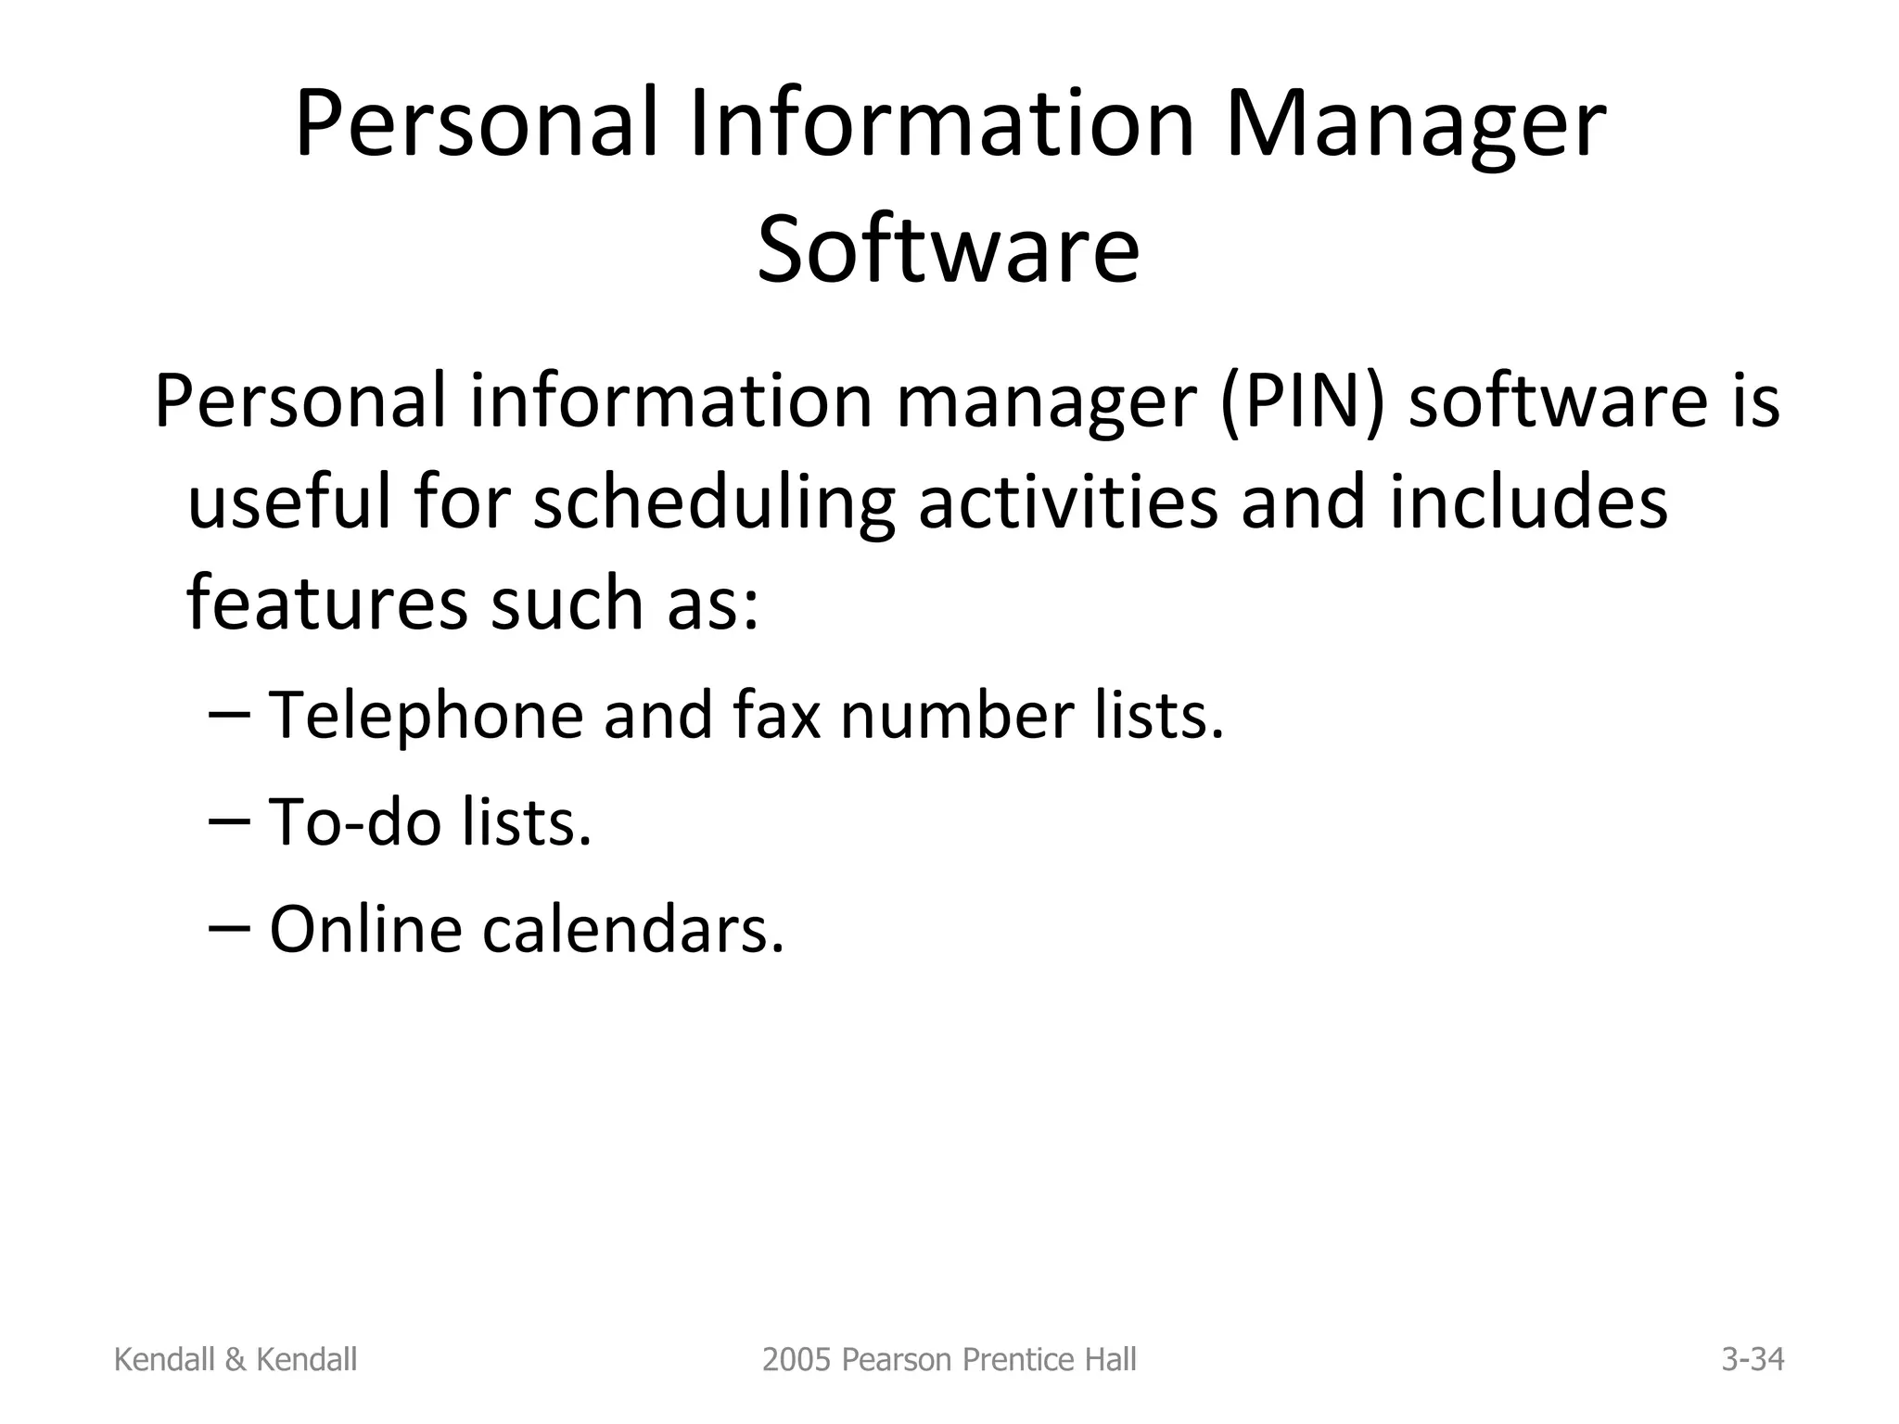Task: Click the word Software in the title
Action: (x=948, y=248)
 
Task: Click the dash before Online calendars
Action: (x=230, y=928)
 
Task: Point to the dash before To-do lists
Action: (x=230, y=821)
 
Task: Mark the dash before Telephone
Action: (x=230, y=715)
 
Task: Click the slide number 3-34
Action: (x=1752, y=1359)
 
